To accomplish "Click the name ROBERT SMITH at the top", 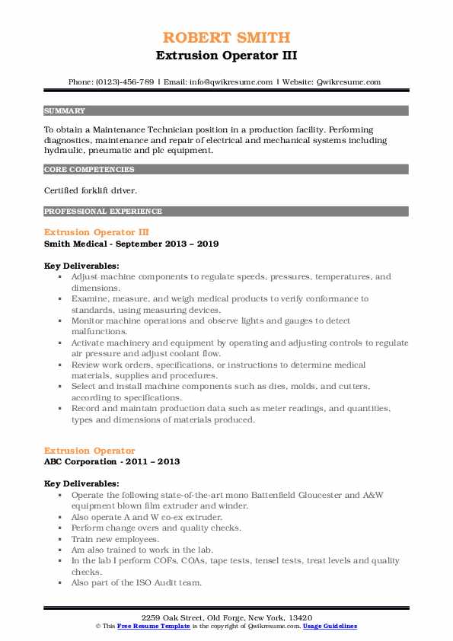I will tap(226, 38).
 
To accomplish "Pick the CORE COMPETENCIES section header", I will tap(89, 170).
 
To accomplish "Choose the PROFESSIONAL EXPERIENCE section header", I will tap(103, 211).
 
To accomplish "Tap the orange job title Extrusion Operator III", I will tap(97, 231).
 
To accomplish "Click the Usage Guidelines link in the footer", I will tap(330, 626).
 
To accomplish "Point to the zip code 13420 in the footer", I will tap(301, 617).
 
